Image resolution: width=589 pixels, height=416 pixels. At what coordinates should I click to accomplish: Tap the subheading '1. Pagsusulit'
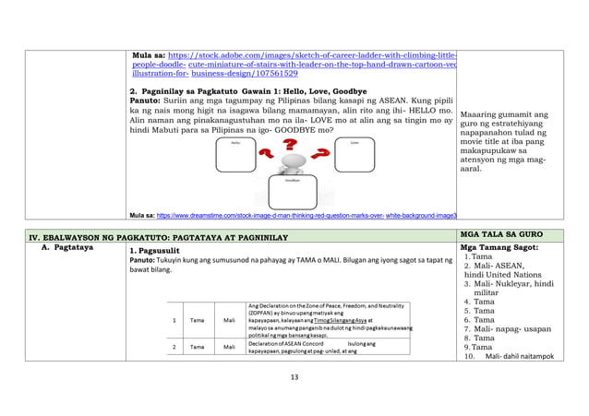point(160,250)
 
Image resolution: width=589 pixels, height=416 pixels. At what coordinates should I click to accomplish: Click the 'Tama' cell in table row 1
point(198,321)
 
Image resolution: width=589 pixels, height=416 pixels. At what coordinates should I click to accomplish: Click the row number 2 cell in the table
point(175,348)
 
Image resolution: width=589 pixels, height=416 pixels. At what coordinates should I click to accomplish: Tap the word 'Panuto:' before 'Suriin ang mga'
point(149,101)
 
